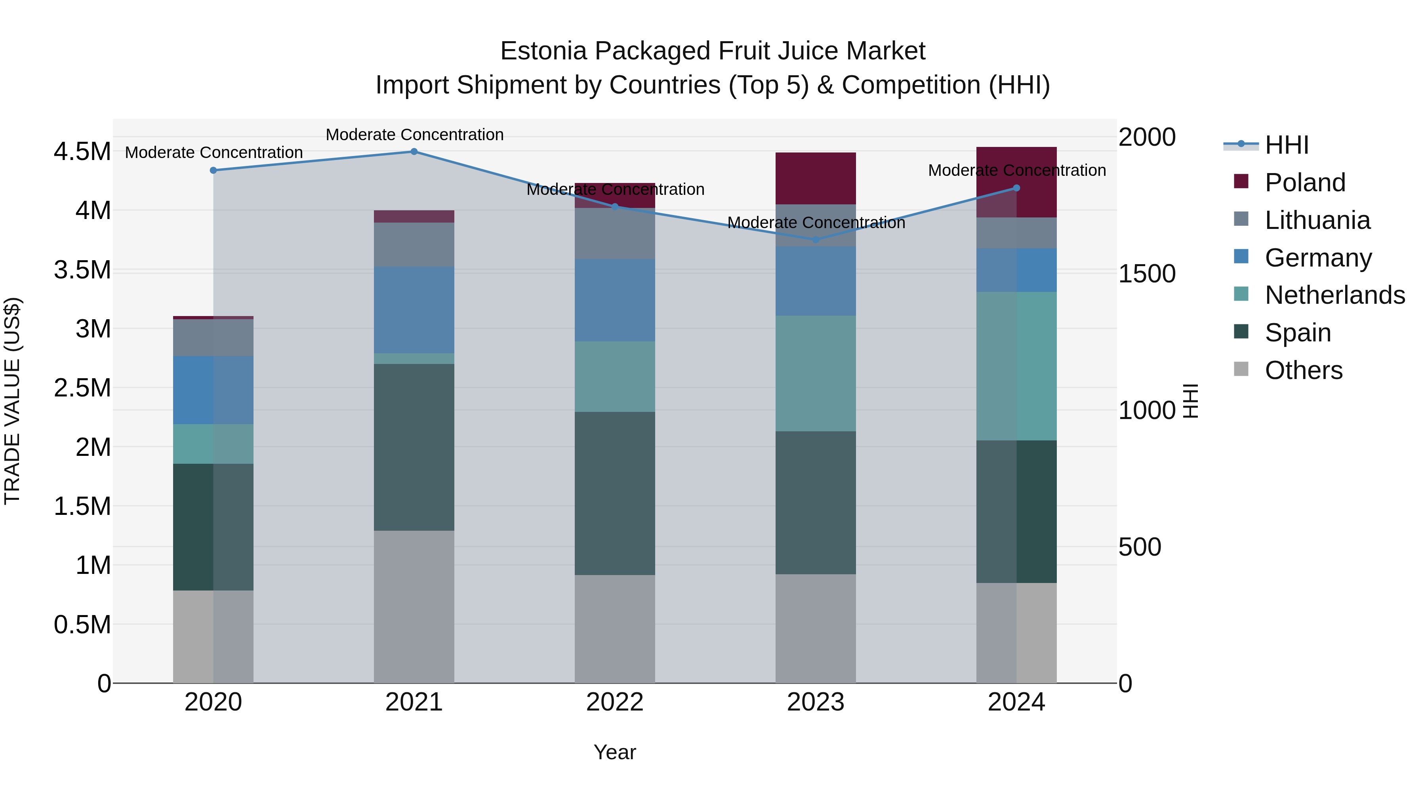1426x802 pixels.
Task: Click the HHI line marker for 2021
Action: pos(414,152)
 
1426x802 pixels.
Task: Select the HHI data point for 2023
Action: pos(816,240)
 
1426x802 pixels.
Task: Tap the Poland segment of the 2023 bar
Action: pos(816,178)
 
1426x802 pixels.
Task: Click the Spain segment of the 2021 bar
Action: pos(414,447)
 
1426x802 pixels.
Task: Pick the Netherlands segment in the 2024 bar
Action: pos(1016,366)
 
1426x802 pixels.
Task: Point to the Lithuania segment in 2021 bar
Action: pos(414,245)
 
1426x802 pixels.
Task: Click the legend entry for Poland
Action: pos(1304,183)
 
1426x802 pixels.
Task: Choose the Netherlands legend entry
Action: pos(1334,295)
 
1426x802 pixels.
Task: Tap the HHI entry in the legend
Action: pos(1286,145)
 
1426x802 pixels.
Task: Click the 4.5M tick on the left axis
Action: pos(82,152)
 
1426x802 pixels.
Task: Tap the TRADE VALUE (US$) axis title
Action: pos(12,401)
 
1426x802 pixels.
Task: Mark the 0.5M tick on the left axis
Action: pos(82,624)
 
